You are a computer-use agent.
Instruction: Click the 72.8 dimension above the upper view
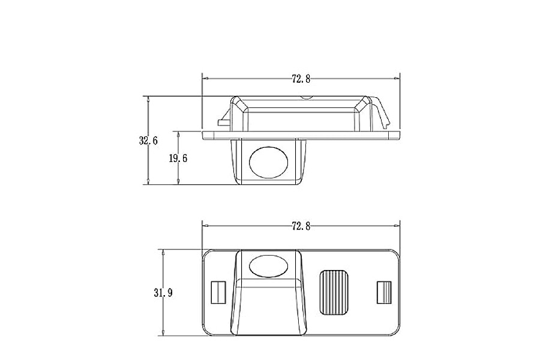pyautogui.click(x=301, y=79)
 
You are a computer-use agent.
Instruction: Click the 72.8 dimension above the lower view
pyautogui.click(x=301, y=226)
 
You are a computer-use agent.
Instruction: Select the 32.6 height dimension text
pyautogui.click(x=148, y=141)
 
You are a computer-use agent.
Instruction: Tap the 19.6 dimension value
pyautogui.click(x=178, y=158)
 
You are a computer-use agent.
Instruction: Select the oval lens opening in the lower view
pyautogui.click(x=268, y=264)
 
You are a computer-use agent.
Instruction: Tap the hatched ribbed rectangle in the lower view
pyautogui.click(x=334, y=292)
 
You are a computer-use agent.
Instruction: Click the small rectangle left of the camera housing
pyautogui.click(x=218, y=292)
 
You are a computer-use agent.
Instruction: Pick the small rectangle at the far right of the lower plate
pyautogui.click(x=383, y=292)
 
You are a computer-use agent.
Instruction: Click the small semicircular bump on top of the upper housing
pyautogui.click(x=306, y=97)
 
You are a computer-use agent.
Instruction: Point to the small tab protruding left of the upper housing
pyautogui.click(x=223, y=122)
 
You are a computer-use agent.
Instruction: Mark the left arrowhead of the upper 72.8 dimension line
pyautogui.click(x=205, y=78)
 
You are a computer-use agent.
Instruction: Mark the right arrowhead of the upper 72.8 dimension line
pyautogui.click(x=397, y=78)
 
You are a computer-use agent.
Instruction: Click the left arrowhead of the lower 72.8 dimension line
pyautogui.click(x=205, y=226)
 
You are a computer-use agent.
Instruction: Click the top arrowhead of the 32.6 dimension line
pyautogui.click(x=148, y=98)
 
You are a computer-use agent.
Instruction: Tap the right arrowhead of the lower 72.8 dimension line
pyautogui.click(x=397, y=226)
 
